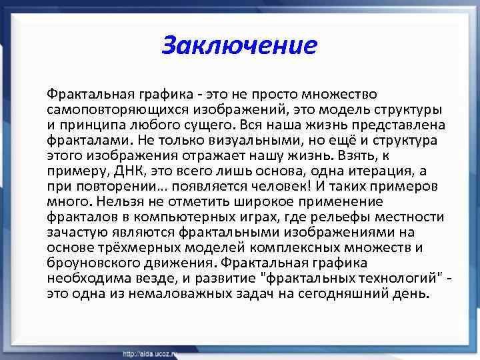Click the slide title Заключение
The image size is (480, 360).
point(239,45)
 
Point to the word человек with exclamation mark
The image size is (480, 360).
point(288,185)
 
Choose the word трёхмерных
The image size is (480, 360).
point(121,247)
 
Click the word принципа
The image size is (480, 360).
point(87,124)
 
